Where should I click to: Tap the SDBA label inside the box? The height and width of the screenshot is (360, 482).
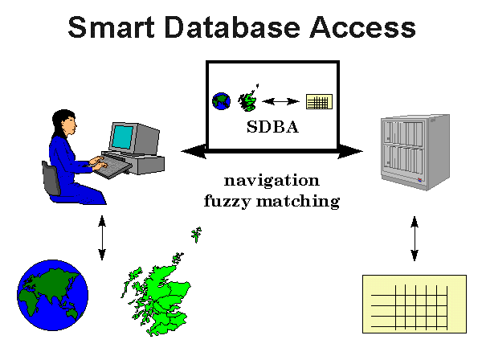(x=272, y=126)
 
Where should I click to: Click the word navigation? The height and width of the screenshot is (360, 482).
(x=272, y=180)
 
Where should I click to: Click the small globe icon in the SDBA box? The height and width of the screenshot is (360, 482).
(x=221, y=101)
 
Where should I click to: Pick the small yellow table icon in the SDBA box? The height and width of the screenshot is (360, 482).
(x=319, y=102)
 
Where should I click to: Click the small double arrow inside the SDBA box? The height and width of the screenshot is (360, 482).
(x=280, y=102)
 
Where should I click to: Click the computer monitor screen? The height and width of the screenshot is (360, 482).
(x=124, y=137)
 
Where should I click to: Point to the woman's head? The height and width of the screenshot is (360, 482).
(x=67, y=121)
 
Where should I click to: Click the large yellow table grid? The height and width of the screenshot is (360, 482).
(x=414, y=304)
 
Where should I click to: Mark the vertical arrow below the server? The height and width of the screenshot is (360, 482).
(x=415, y=238)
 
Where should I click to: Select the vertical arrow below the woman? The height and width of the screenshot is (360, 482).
(x=102, y=238)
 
